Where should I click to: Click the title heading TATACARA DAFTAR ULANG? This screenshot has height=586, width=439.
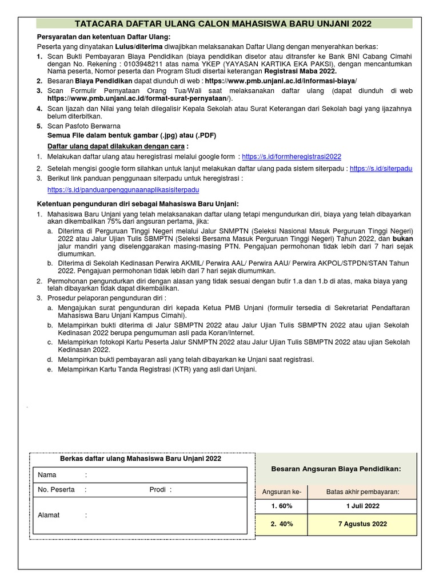click(x=224, y=23)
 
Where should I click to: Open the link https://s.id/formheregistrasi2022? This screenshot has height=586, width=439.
click(x=292, y=156)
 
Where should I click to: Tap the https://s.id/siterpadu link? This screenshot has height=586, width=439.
click(x=381, y=169)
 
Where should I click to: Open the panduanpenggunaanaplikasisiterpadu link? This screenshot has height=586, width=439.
click(x=123, y=189)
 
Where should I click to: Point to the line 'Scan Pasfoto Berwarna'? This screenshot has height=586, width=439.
click(x=83, y=126)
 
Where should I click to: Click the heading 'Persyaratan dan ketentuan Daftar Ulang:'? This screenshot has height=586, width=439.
click(x=100, y=37)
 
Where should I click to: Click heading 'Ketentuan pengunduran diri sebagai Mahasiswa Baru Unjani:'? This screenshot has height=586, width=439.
click(x=138, y=204)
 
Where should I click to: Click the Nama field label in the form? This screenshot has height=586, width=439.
click(x=47, y=475)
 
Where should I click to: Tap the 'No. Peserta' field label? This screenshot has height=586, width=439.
click(x=56, y=490)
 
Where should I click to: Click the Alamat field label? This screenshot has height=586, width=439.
click(x=49, y=515)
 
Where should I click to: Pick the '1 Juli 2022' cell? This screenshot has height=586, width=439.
click(x=362, y=506)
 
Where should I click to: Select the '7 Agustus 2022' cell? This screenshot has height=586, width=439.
click(x=362, y=524)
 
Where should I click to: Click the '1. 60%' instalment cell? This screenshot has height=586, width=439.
click(x=281, y=506)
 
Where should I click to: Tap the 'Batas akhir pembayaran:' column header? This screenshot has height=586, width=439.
click(x=362, y=492)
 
